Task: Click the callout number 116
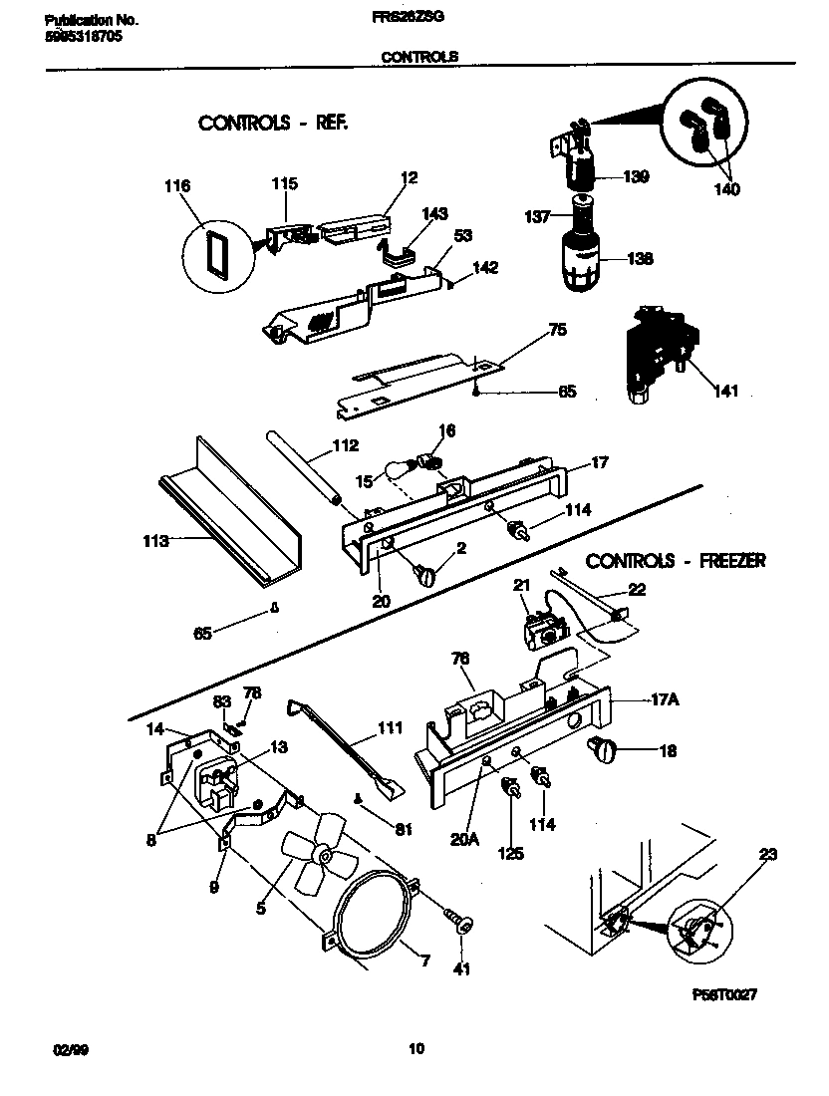(179, 186)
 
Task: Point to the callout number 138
(640, 258)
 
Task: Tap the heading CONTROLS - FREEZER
(675, 561)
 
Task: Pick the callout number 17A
(665, 700)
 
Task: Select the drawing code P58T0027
(724, 993)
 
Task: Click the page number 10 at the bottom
(416, 1048)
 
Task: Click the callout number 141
(725, 390)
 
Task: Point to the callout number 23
(767, 853)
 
